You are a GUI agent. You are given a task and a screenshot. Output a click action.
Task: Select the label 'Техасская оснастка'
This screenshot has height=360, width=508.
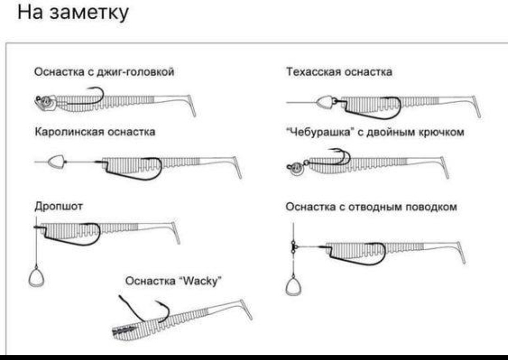[339, 72]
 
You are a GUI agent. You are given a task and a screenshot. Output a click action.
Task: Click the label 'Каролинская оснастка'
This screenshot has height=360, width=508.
[95, 132]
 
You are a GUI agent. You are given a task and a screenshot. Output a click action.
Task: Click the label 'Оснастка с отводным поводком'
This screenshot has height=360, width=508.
[372, 207]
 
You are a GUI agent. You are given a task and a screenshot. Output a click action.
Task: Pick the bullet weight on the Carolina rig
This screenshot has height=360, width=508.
[56, 161]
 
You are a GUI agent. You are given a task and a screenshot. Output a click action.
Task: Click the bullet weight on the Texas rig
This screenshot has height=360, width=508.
[325, 102]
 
